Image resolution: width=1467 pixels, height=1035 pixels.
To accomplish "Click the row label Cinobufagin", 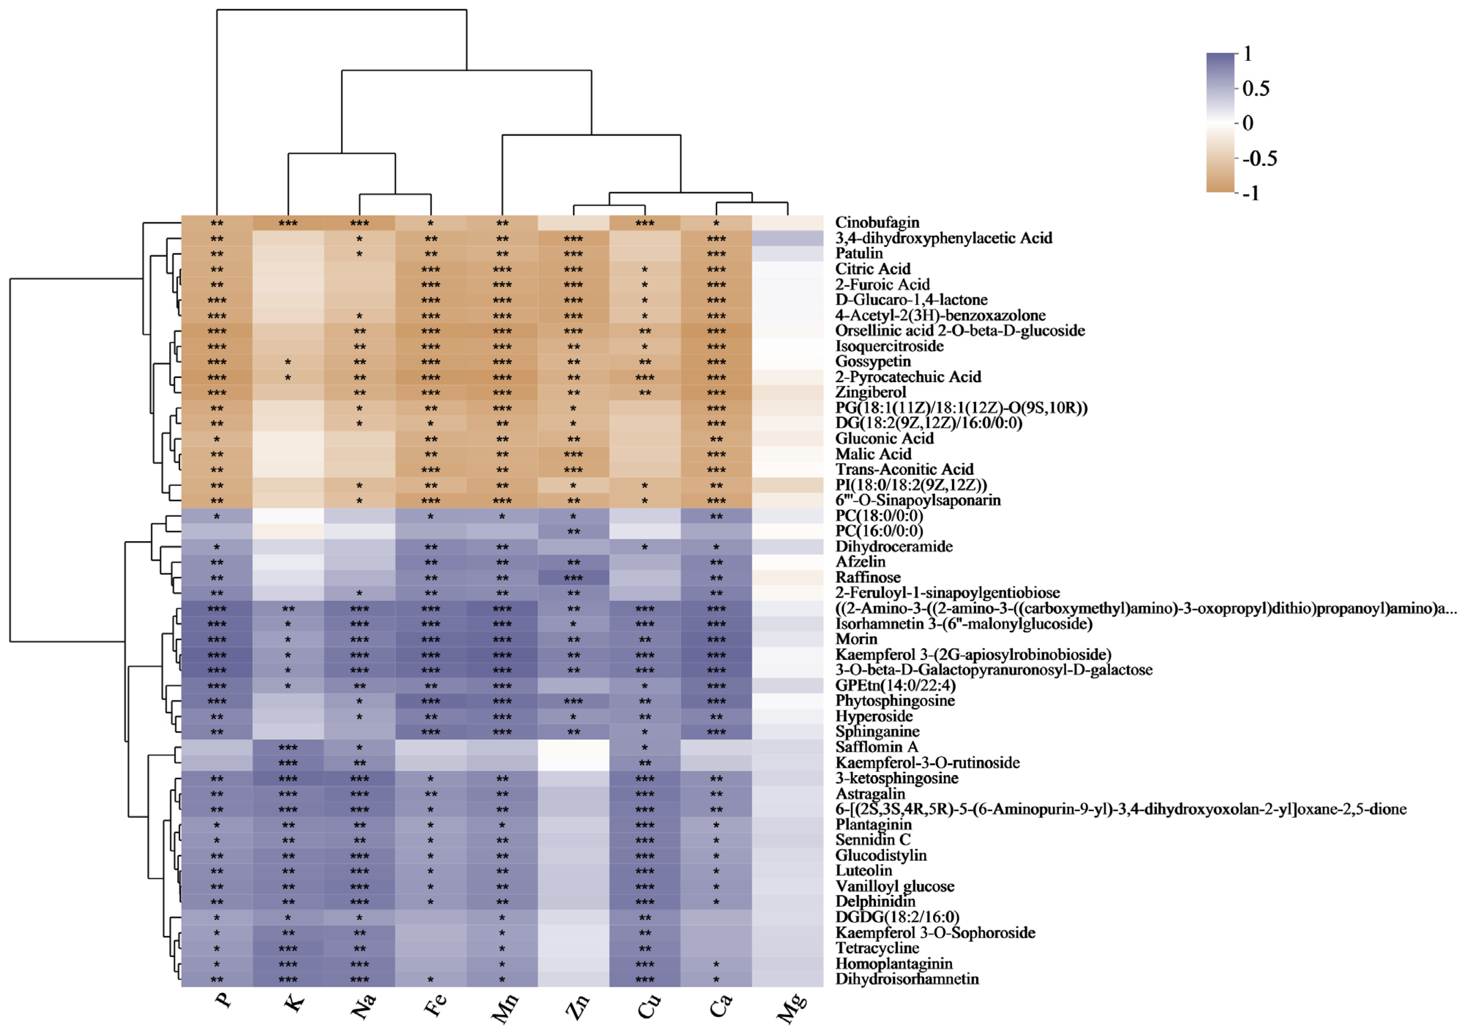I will click(x=877, y=222).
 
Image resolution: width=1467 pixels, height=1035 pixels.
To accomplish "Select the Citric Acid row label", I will click(x=872, y=269).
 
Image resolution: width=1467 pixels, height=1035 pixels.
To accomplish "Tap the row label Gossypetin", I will click(x=873, y=361).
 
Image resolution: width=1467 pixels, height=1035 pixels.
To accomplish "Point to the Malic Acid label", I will click(x=873, y=454).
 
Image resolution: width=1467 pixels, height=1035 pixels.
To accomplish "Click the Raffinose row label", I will click(x=868, y=577).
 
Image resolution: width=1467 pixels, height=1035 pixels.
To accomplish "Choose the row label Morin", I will click(x=856, y=639).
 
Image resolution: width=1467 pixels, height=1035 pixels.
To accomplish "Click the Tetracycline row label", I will click(x=877, y=948).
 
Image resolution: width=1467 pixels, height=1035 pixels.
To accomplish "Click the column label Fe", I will click(x=435, y=1006).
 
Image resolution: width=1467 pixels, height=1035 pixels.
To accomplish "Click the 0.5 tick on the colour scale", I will click(x=1256, y=89).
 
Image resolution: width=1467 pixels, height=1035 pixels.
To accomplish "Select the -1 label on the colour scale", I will click(x=1251, y=193).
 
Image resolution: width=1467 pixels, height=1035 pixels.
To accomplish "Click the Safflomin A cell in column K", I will click(x=288, y=747).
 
